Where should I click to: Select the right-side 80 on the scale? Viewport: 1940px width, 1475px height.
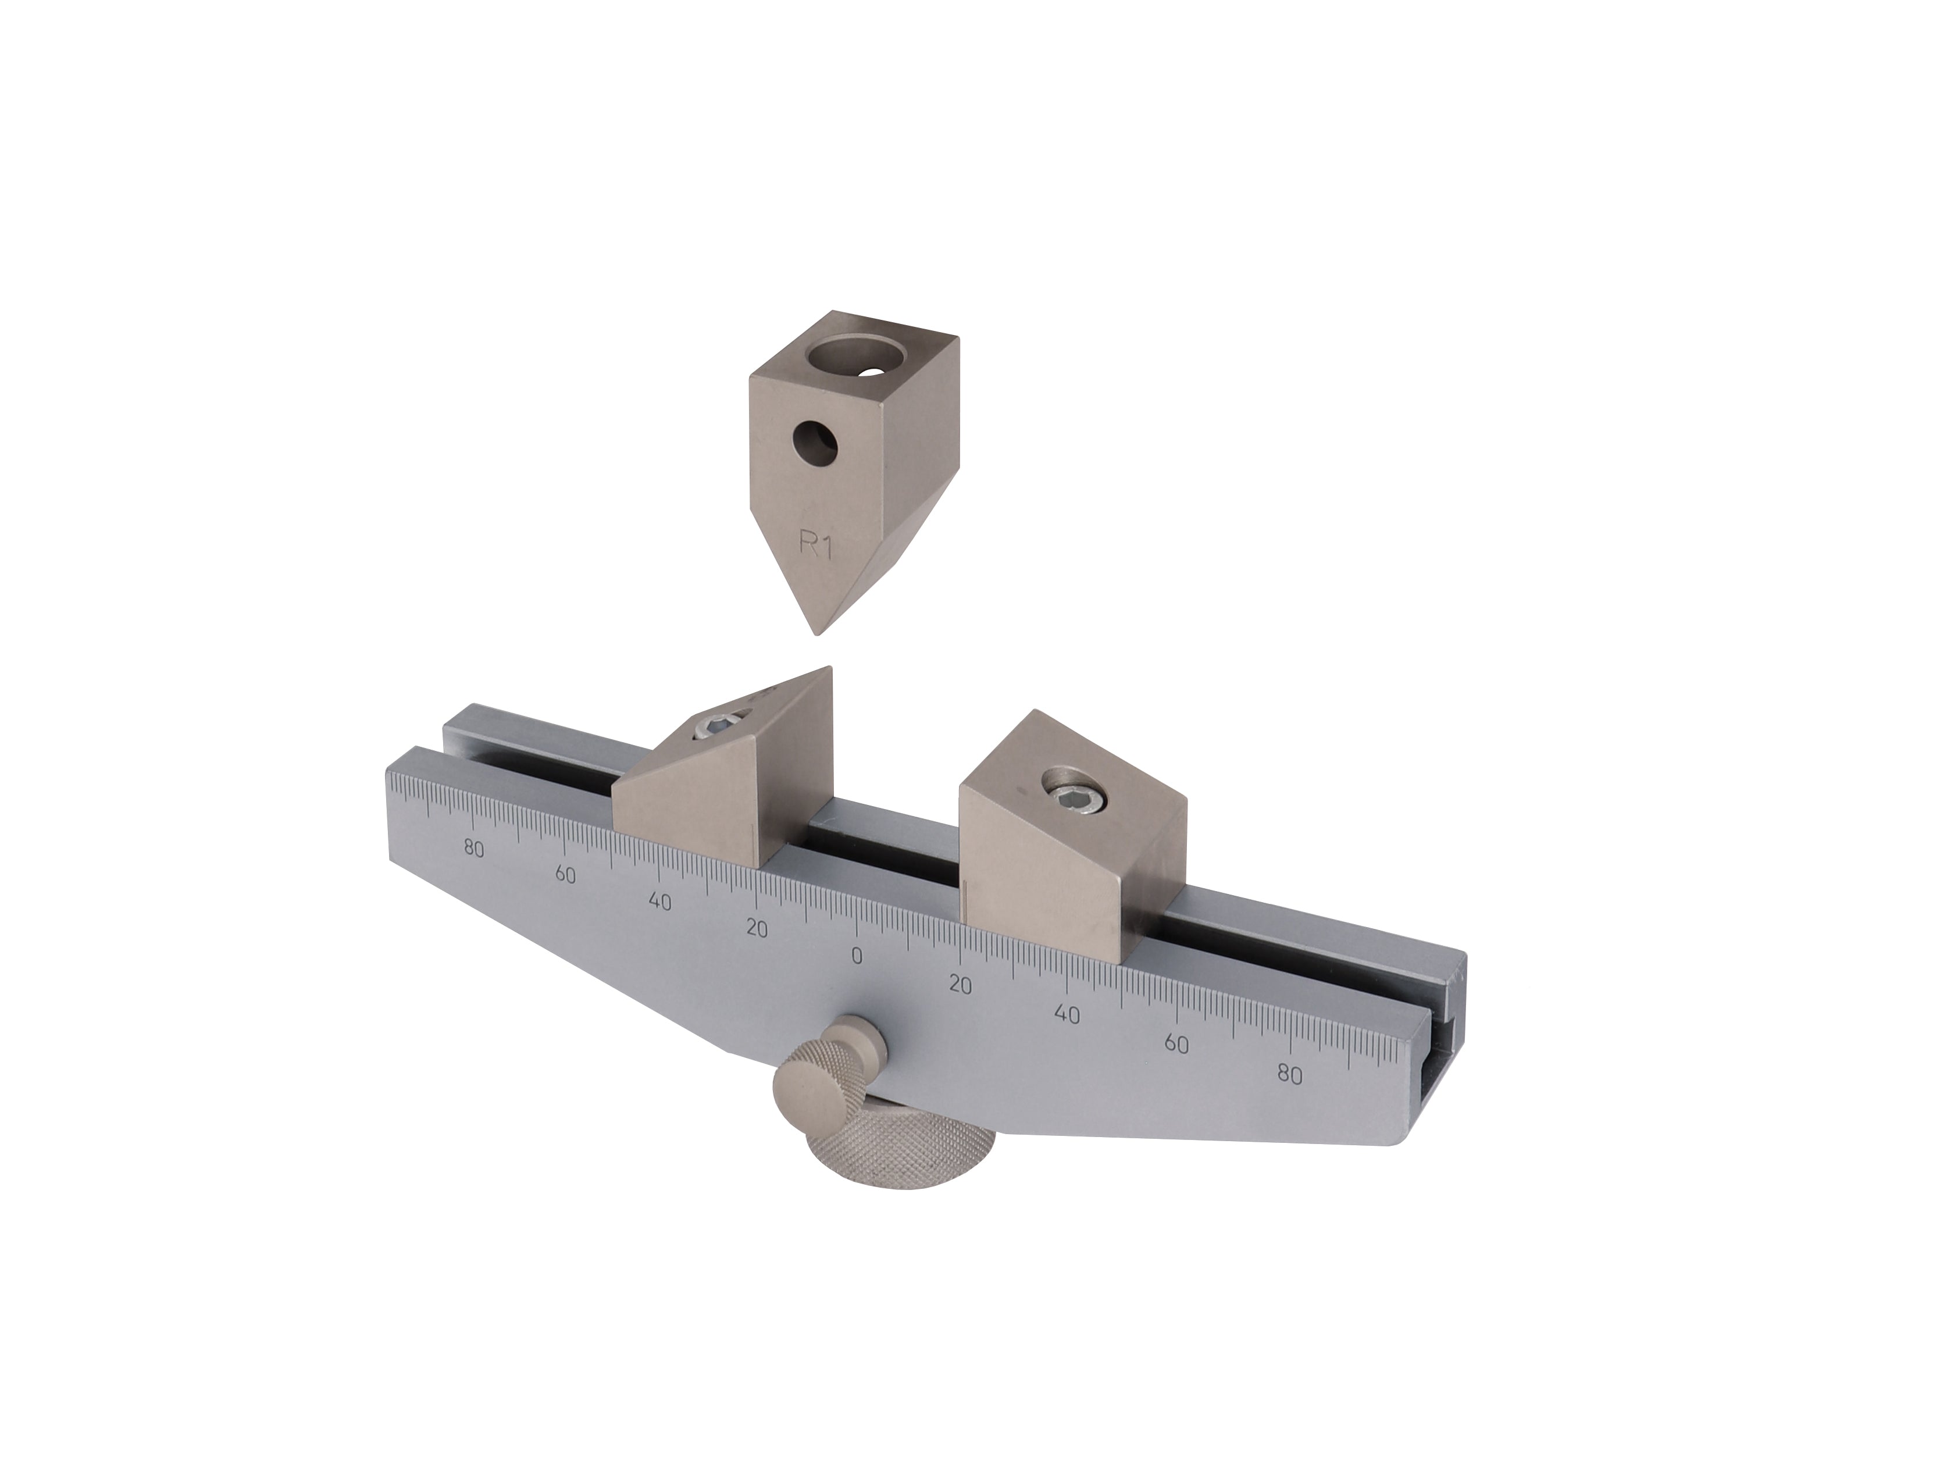(1289, 1075)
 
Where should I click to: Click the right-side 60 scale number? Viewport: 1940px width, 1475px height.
(1176, 1044)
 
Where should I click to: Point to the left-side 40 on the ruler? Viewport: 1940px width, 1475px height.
(659, 901)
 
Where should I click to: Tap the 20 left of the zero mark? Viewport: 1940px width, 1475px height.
(756, 928)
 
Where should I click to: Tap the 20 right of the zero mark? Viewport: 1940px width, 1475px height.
(960, 985)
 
